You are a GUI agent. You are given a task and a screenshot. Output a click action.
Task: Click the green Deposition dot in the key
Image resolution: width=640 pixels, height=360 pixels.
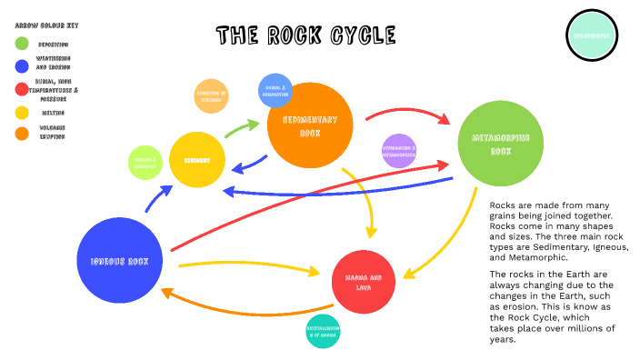pos(21,43)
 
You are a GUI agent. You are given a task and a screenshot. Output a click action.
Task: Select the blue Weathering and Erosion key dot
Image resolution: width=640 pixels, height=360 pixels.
pos(21,65)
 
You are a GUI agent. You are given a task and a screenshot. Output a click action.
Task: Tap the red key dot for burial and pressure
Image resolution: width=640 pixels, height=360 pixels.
pos(21,89)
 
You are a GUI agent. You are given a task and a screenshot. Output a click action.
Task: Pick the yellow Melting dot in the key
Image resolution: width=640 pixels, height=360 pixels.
pos(21,113)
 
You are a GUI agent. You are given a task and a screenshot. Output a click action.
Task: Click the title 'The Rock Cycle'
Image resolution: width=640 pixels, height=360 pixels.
pos(305,35)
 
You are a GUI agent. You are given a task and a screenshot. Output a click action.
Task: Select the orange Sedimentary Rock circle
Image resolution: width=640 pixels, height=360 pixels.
pos(309,126)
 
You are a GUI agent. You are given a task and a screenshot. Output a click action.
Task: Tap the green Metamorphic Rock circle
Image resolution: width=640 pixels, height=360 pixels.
pos(500,143)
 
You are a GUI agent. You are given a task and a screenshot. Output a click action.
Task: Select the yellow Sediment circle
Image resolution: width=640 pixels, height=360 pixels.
pos(197,160)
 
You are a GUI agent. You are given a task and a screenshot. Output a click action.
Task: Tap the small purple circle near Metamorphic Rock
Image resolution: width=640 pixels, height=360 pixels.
pos(398,151)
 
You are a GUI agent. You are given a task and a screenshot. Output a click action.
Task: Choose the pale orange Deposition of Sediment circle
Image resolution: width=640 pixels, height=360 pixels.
pos(211,96)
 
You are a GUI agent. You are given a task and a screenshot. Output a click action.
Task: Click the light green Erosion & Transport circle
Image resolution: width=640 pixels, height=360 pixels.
pos(145,162)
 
